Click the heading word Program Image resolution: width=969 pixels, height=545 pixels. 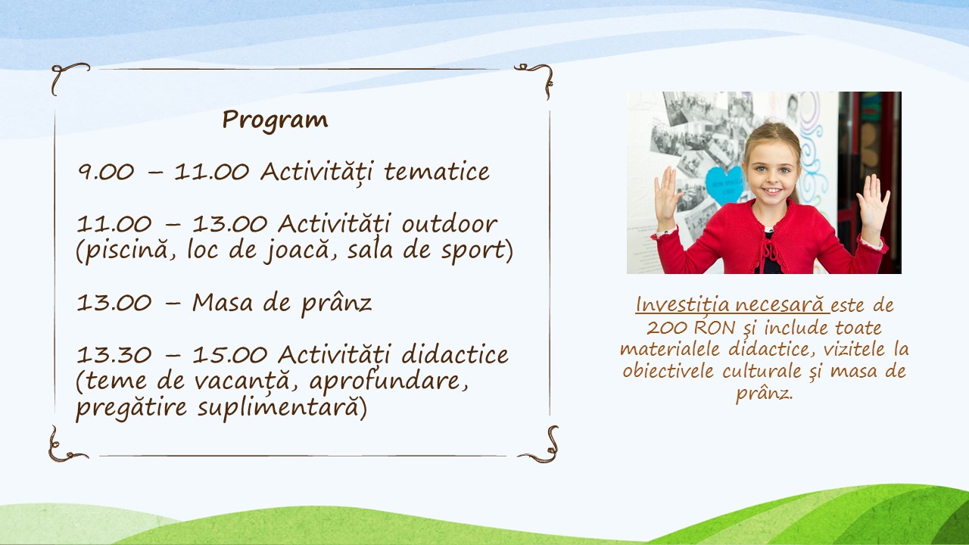pos(275,120)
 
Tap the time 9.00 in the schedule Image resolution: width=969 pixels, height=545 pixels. pos(106,172)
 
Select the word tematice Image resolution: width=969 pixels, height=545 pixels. pos(437,171)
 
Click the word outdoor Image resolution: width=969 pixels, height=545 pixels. pos(450,223)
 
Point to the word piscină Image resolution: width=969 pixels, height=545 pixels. pos(126,251)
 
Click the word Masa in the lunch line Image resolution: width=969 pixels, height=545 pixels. pos(223,302)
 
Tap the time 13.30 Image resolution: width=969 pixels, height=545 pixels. pos(114,355)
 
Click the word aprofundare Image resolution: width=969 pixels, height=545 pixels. pos(388,381)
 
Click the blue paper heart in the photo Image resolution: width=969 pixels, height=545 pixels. pos(724,185)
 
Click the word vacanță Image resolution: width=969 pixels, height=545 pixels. pos(241,381)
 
